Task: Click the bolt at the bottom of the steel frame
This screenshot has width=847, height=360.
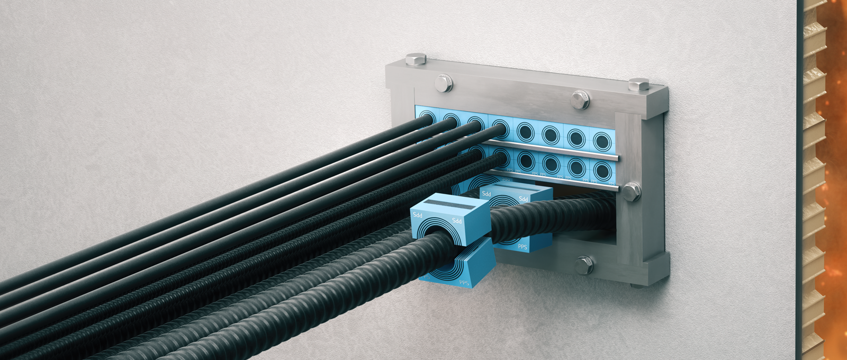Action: [x=584, y=264]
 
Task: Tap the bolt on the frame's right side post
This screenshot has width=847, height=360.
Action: [x=632, y=191]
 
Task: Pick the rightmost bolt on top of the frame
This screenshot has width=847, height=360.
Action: [x=639, y=84]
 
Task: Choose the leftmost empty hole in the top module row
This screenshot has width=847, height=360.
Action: [x=525, y=131]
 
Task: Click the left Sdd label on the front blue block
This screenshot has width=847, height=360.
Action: [x=418, y=215]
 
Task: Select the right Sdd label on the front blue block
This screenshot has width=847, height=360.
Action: [x=456, y=220]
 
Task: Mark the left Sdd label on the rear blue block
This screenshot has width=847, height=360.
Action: [x=486, y=194]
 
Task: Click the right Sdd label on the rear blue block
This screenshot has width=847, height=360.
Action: [x=523, y=199]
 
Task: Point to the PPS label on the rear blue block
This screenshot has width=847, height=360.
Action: [x=522, y=247]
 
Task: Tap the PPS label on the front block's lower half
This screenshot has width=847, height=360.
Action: [x=464, y=282]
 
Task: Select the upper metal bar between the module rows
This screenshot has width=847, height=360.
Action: [x=551, y=150]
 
